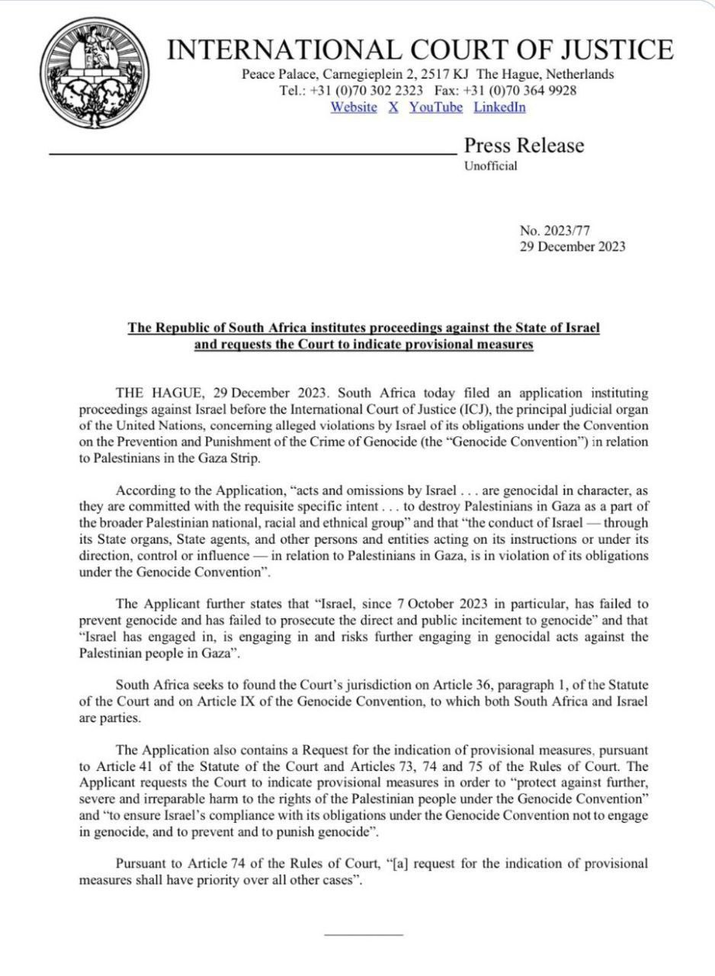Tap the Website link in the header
point(354,107)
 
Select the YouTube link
point(436,107)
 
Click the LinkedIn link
point(500,107)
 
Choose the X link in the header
point(393,107)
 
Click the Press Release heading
point(524,146)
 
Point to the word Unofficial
point(491,165)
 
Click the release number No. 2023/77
point(555,231)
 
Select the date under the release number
point(572,246)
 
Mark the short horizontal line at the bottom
point(363,934)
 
